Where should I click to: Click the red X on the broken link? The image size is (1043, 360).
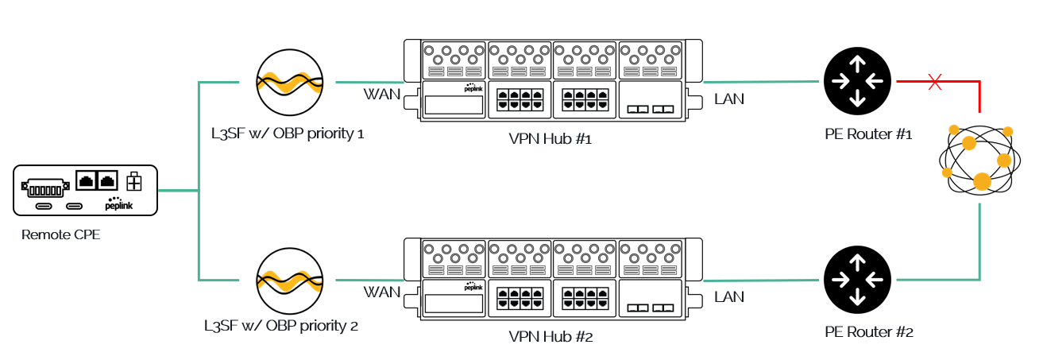click(936, 81)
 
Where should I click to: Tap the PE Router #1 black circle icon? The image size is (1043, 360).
click(856, 80)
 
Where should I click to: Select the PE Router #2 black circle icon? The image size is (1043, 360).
click(856, 280)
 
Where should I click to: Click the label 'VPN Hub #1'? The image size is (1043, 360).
click(550, 138)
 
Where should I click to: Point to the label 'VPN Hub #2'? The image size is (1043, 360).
click(550, 335)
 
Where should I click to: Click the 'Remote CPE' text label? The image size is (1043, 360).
click(60, 234)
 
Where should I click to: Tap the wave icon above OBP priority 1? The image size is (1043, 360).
click(290, 82)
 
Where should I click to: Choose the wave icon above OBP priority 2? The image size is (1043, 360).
click(290, 280)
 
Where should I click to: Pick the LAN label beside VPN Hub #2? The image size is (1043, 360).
click(729, 296)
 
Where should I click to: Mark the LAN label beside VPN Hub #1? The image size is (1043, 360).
click(729, 99)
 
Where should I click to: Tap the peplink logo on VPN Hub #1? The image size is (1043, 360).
click(473, 87)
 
